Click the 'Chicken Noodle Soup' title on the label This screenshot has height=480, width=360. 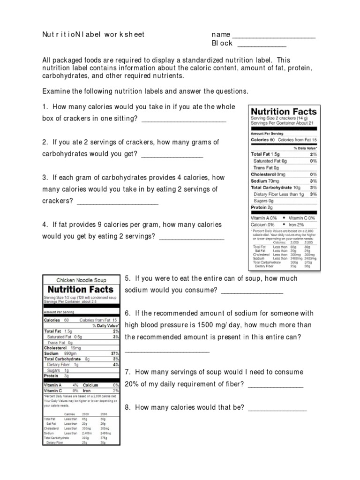[82, 280]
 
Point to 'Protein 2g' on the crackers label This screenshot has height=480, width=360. [262, 207]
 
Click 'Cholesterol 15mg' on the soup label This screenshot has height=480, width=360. [62, 347]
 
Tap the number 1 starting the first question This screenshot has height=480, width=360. [44, 106]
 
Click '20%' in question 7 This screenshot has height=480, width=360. [132, 384]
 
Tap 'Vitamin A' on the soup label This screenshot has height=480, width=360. [53, 385]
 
